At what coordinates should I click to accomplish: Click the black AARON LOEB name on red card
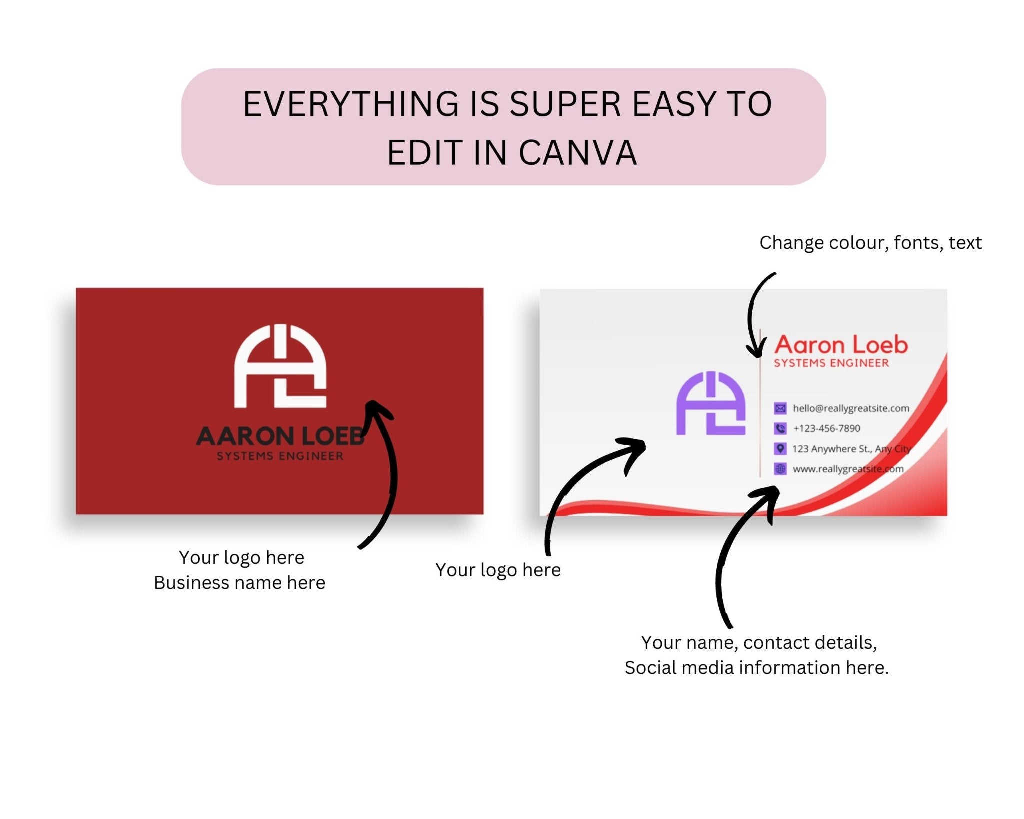280,436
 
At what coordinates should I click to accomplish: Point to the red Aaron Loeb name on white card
841,345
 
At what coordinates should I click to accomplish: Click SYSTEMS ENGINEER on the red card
280,456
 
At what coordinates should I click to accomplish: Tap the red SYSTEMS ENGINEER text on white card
831,363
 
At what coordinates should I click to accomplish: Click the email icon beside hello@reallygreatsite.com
780,408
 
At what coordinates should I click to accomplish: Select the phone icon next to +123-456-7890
780,428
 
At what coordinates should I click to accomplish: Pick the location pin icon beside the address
780,448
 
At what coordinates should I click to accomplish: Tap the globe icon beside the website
780,469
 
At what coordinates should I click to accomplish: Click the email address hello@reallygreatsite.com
851,408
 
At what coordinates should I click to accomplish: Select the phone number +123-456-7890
826,428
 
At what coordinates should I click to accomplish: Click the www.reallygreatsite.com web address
848,469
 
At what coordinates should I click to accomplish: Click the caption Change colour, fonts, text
870,243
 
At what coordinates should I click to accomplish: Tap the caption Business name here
239,583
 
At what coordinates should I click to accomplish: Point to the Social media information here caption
756,668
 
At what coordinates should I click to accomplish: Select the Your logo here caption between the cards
498,570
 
